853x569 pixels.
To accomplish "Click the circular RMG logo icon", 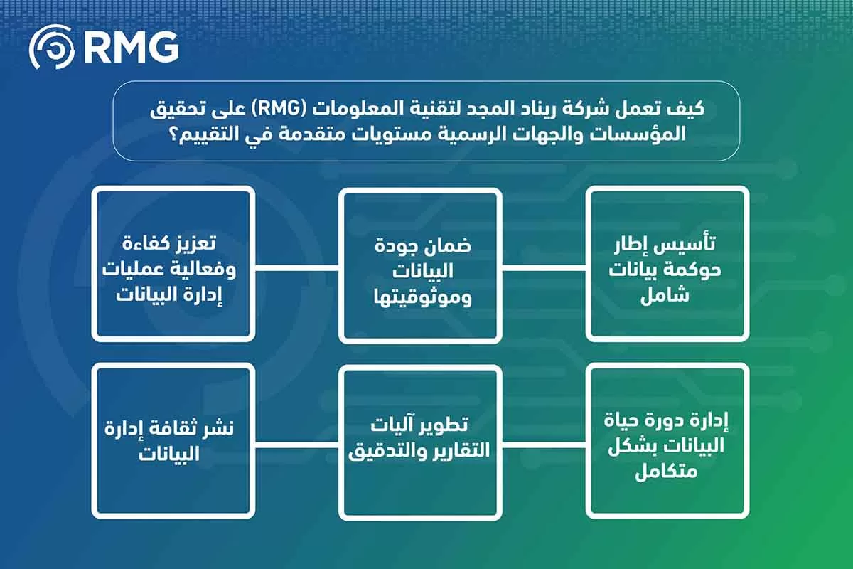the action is click(x=52, y=47).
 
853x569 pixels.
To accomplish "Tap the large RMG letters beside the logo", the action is click(x=132, y=47).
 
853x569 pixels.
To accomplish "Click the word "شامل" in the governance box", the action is click(x=665, y=295).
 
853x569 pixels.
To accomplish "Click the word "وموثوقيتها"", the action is click(x=423, y=297).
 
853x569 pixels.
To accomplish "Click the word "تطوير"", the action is click(x=444, y=425).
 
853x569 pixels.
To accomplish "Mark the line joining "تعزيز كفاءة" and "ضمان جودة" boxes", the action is click(x=296, y=267).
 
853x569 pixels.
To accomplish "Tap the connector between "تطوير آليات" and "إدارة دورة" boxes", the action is click(x=544, y=444).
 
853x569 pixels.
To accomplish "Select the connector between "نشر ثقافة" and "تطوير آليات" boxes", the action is click(x=296, y=445).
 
